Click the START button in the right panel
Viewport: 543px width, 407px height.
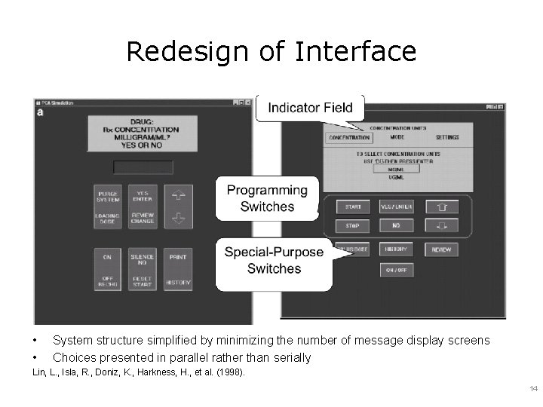[353, 207]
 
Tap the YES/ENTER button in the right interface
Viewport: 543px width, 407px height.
[396, 207]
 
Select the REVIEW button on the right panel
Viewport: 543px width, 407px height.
[441, 249]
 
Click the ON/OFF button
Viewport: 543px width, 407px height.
[396, 270]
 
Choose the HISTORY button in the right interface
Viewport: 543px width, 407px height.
[396, 249]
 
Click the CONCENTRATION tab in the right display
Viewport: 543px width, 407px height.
[349, 138]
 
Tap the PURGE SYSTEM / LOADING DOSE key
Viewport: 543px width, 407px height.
[108, 207]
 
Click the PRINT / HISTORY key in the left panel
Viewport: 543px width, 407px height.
[178, 269]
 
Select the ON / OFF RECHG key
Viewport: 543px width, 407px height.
[108, 269]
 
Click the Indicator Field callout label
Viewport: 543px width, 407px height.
[310, 108]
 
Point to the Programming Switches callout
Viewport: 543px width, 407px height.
[267, 199]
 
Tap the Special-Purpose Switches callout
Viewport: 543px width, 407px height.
[274, 261]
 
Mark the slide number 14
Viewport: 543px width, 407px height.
[533, 389]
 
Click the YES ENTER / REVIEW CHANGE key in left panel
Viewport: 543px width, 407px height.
[143, 207]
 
